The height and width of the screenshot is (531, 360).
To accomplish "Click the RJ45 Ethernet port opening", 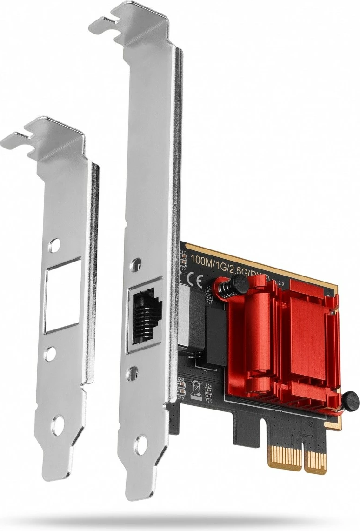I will tap(145, 315).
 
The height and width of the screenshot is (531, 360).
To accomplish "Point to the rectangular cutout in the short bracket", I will tap(62, 296).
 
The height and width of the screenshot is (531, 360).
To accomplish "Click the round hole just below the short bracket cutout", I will tap(50, 354).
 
